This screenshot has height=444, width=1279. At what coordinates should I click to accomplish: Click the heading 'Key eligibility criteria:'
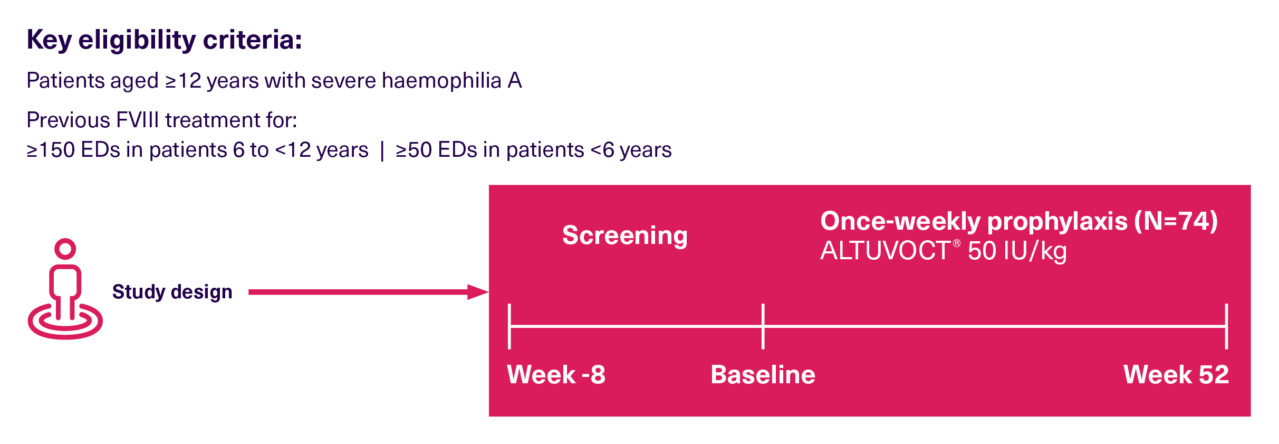point(165,40)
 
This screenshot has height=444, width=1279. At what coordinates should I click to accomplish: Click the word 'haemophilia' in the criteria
point(441,81)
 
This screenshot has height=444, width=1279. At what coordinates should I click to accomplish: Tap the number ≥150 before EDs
point(51,150)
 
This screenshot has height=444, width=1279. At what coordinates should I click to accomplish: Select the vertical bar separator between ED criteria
point(382,150)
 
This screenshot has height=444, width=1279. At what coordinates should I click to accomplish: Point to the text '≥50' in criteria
point(414,150)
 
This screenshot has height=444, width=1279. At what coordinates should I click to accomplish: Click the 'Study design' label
point(172,292)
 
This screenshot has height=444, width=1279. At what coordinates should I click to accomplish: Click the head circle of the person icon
point(65,249)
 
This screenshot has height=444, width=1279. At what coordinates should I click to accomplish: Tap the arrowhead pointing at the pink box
point(478,292)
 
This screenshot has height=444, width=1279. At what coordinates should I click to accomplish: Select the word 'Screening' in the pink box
point(625,235)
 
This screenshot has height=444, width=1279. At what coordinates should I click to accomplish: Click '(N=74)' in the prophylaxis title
point(1177,221)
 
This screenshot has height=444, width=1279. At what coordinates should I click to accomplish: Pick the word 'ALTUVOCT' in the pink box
point(886,251)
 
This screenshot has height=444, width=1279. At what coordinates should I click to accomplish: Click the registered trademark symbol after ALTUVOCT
point(957,243)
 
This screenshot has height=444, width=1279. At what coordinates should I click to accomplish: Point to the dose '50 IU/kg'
point(1017,251)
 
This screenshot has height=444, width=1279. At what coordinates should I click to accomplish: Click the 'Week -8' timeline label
point(556,375)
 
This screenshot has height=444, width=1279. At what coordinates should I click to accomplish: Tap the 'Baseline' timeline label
point(763,375)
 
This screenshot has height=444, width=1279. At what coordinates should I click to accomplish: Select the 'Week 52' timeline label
point(1176,375)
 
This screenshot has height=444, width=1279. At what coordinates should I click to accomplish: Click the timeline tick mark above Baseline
point(763,326)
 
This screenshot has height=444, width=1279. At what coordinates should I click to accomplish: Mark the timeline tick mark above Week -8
point(509,326)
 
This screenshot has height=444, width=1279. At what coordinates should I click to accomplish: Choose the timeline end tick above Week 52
point(1227,326)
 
